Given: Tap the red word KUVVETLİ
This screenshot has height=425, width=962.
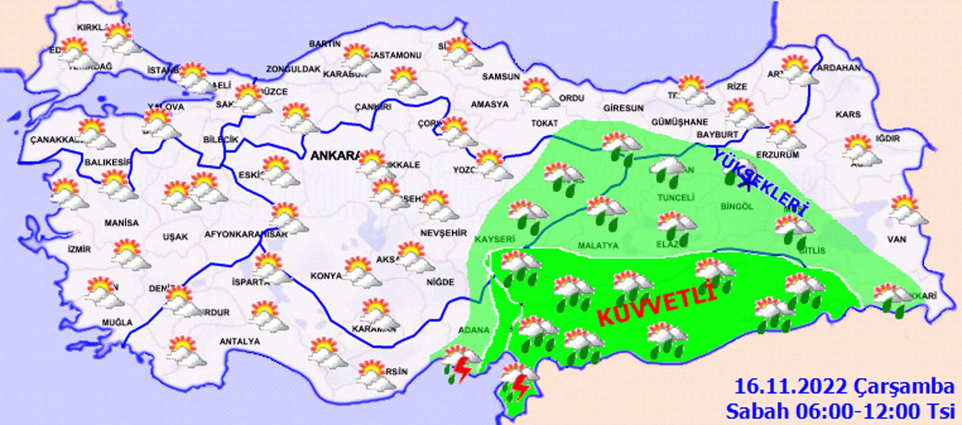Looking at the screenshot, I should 656,303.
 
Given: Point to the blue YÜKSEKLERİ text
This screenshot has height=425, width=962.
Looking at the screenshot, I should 761,183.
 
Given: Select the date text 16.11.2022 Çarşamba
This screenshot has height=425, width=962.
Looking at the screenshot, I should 844,386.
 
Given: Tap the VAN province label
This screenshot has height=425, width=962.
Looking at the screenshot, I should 896,239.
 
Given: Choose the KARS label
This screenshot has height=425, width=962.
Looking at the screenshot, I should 848,115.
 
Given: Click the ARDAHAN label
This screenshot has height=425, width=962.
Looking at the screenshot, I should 839,68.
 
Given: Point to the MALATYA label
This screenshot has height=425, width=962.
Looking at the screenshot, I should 598,246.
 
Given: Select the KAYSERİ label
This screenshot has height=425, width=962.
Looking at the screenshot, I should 495,239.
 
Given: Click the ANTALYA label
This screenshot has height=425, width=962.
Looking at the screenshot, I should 239,341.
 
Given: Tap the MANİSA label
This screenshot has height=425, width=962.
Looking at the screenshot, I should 121,223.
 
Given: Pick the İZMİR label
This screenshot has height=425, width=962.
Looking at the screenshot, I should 79,249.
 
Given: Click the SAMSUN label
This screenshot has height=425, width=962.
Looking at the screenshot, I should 501,77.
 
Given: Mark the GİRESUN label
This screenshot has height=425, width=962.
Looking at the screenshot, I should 623,108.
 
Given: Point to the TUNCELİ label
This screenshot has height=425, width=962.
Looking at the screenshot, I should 675,198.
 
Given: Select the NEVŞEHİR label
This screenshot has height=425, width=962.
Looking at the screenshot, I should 443,233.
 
